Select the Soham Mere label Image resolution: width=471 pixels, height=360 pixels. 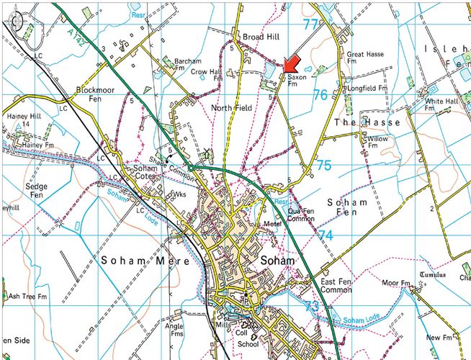coord(145,260)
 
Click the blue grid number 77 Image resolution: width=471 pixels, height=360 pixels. coord(310,24)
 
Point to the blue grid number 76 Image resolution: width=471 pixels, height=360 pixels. coord(320,94)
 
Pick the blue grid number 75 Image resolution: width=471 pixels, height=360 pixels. coord(324,166)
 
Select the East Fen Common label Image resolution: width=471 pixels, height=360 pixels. coord(335,285)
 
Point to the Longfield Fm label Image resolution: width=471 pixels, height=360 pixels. coord(367,89)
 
